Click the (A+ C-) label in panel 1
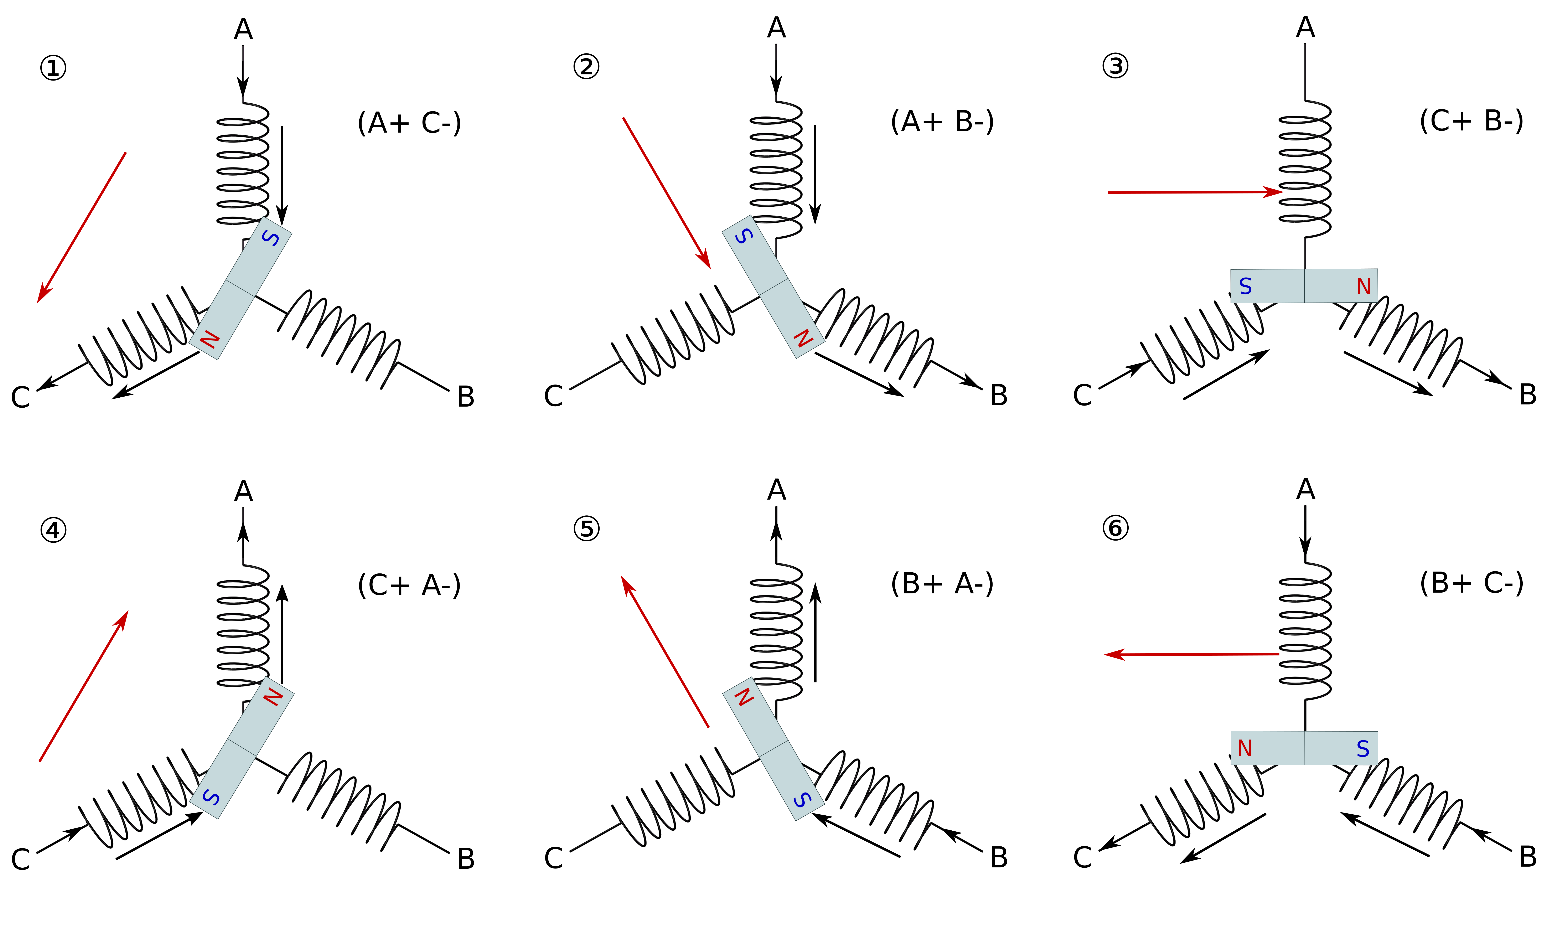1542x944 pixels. tap(409, 123)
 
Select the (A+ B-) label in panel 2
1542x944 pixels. tap(942, 122)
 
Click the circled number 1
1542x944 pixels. tap(53, 68)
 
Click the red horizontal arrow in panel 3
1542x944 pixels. tap(1195, 192)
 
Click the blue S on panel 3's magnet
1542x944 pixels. tap(1245, 287)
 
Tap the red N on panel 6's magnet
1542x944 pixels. tap(1245, 748)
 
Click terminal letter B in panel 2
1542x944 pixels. tap(999, 396)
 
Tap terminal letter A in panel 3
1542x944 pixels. tap(1305, 27)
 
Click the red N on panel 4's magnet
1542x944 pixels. tap(273, 696)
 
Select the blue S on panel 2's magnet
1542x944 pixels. tap(744, 236)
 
